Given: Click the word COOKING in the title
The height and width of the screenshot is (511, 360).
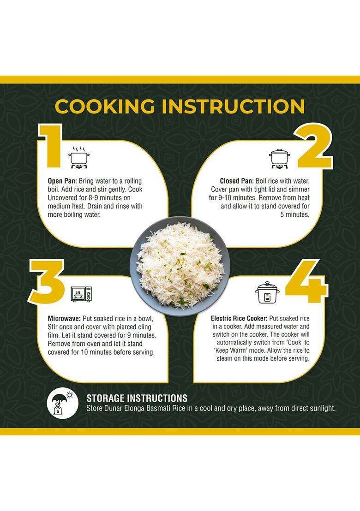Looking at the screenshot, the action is click(105, 106).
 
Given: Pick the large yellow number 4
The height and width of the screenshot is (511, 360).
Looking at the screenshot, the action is click(307, 281).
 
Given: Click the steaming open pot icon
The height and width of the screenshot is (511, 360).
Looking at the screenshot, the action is click(79, 157).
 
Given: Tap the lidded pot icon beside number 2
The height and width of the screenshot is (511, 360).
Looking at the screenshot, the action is click(279, 159).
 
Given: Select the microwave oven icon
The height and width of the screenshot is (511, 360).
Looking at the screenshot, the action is click(82, 294).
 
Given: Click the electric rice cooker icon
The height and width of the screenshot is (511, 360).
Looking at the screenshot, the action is click(267, 292).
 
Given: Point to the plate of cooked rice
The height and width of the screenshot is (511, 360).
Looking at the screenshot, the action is click(180, 266).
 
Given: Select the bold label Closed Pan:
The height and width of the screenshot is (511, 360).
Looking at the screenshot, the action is click(237, 181).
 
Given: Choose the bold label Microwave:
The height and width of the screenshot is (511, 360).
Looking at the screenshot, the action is click(64, 318).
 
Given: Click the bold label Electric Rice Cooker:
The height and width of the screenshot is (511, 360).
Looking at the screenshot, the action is click(239, 318).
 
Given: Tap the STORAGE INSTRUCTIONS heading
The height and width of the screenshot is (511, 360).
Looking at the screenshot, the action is click(137, 398).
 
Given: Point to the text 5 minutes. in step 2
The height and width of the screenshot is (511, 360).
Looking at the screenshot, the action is click(295, 214).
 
